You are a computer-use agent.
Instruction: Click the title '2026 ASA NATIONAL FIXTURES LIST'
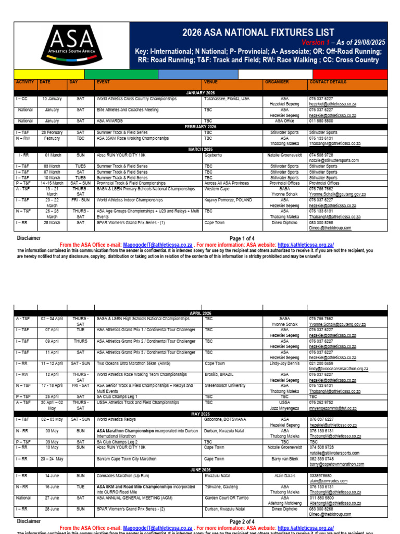258,32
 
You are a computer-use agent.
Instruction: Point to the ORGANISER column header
277,82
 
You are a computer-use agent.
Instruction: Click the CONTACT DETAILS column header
328,82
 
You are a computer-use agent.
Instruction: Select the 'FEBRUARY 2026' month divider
201,127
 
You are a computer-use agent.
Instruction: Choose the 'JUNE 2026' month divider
201,469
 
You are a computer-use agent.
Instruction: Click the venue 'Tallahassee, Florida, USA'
227,98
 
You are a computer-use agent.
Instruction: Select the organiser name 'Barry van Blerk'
284,459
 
